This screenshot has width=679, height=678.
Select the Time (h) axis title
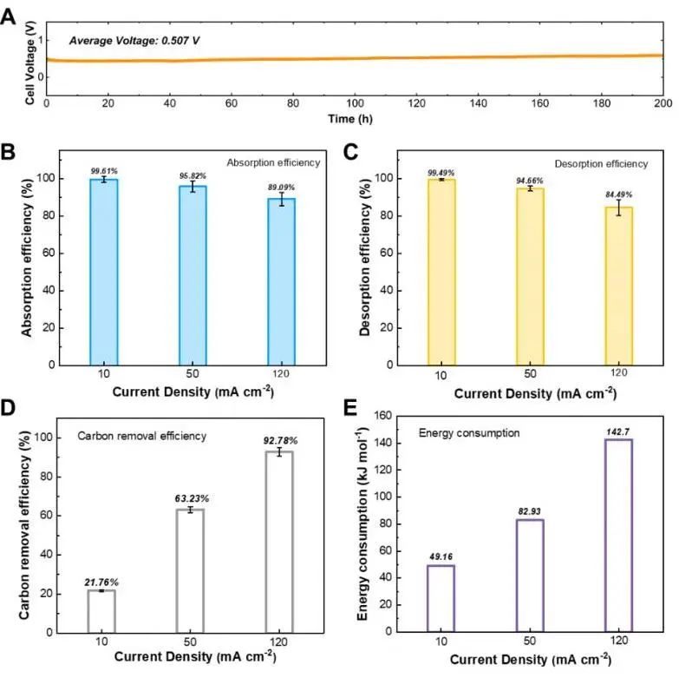coord(354,117)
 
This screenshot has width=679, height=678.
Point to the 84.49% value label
coord(619,194)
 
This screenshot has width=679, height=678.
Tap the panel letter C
coord(351,155)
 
